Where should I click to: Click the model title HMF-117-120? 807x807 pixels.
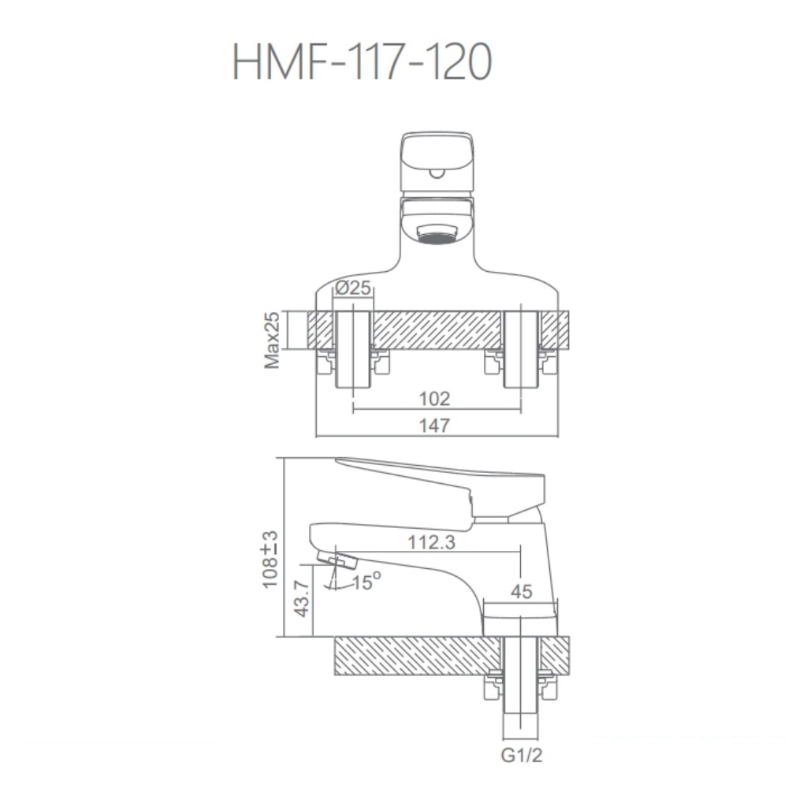(x=363, y=64)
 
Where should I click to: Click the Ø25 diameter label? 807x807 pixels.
(x=352, y=289)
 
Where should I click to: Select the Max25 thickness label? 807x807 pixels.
(x=273, y=340)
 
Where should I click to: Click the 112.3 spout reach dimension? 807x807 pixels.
(x=431, y=542)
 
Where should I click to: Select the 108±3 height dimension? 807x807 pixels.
(x=271, y=560)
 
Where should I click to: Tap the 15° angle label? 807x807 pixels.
(x=366, y=582)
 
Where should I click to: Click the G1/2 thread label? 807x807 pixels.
(x=521, y=756)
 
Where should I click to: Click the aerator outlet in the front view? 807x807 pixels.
(x=437, y=235)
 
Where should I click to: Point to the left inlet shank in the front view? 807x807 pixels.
(x=353, y=348)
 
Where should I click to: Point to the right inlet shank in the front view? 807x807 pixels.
(x=520, y=348)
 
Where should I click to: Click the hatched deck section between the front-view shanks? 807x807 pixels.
(x=437, y=329)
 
